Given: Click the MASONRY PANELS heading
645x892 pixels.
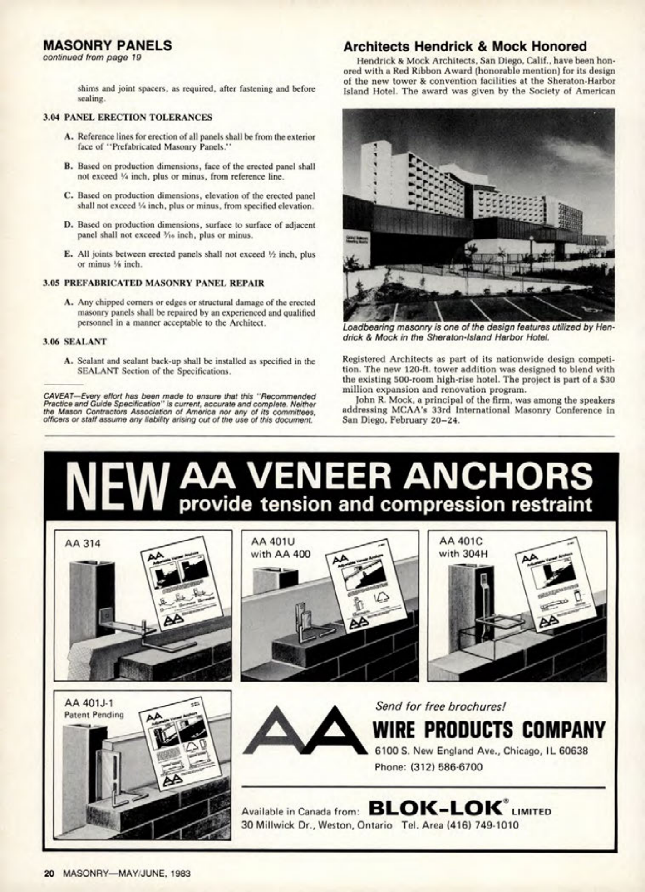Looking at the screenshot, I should [x=108, y=45].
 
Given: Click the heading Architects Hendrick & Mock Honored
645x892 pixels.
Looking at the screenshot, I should [x=465, y=46].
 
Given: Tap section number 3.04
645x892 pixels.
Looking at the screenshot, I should [x=52, y=117].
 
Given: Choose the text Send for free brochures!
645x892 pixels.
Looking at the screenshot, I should [x=440, y=706].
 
